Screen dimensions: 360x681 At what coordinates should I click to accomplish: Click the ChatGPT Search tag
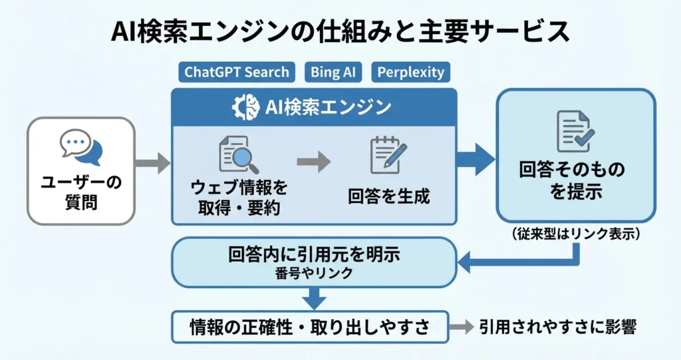coord(237,72)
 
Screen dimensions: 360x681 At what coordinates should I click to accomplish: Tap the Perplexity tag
coord(410,72)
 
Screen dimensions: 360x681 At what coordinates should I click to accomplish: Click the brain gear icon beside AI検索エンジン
coord(245,107)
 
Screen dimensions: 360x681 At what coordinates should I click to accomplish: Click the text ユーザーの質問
coord(81,192)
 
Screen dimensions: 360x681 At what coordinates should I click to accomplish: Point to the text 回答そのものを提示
coord(576,180)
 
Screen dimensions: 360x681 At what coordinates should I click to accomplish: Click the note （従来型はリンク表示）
coord(576,234)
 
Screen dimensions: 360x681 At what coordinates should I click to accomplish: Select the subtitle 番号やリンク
coord(314,273)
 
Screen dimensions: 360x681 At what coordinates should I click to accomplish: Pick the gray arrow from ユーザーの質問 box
coord(152,162)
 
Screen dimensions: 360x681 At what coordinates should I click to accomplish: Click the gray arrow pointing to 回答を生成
coord(313,160)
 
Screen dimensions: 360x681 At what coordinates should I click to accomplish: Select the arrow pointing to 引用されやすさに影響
coord(458,327)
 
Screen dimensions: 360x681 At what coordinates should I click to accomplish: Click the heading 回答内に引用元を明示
coord(314,255)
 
